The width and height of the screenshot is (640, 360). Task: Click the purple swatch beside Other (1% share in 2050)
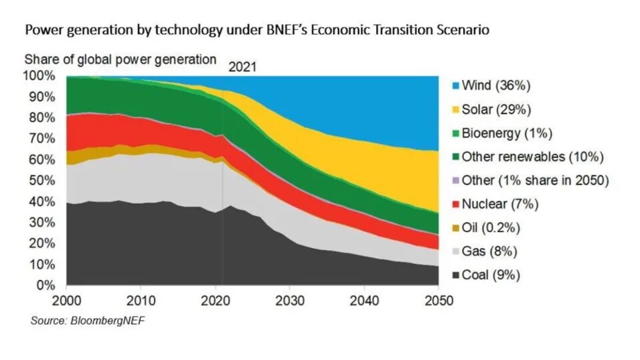tap(455, 181)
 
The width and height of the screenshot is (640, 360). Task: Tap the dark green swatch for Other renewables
tap(455, 157)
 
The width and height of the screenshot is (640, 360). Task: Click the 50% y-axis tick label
tap(42, 181)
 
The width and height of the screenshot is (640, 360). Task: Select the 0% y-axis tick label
tap(45, 285)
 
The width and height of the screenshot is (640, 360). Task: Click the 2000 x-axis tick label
tap(67, 301)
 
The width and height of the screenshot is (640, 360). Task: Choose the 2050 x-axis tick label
tap(437, 301)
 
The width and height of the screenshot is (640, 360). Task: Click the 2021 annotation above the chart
tap(243, 67)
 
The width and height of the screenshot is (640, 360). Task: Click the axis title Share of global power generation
tap(121, 59)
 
